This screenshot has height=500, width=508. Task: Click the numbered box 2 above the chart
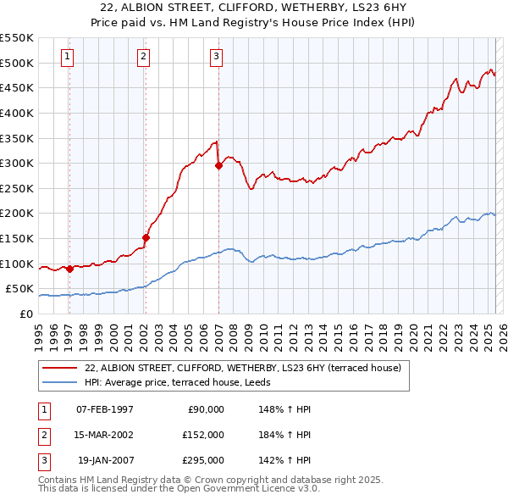(144, 57)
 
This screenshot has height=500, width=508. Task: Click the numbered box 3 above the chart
(217, 57)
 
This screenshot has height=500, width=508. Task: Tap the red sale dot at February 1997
(69, 269)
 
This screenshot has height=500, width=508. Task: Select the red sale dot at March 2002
(146, 237)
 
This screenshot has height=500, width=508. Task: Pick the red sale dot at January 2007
(218, 166)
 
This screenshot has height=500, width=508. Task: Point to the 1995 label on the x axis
(39, 333)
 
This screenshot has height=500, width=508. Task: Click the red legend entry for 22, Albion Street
(236, 368)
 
